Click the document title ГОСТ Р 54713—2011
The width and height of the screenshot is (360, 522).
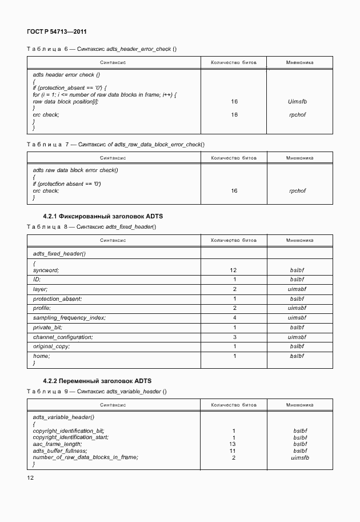tap(52, 33)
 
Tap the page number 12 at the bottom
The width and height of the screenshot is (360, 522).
tap(30, 477)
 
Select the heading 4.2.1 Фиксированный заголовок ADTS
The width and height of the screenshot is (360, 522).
tap(103, 217)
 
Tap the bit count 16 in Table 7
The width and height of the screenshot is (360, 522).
tap(234, 191)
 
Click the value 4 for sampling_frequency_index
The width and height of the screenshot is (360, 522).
tap(234, 317)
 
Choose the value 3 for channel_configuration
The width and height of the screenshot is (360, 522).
tap(234, 337)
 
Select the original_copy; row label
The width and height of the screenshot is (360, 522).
tap(51, 346)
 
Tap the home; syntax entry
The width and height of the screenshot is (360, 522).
tap(42, 356)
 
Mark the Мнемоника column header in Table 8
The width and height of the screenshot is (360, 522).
tap(299, 240)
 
